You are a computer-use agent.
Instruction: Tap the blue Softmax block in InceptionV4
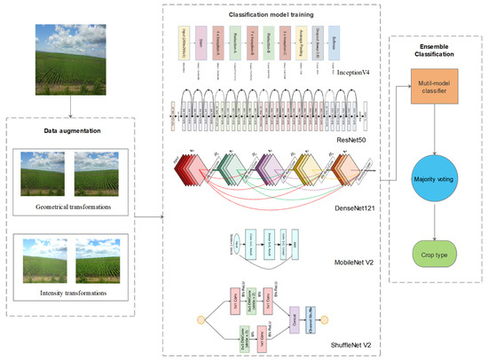point(338,43)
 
